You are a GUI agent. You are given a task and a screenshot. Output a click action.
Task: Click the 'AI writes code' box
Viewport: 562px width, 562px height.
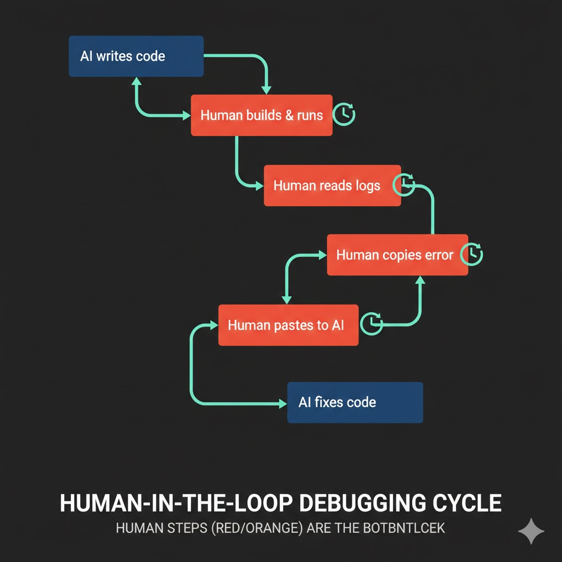tap(136, 56)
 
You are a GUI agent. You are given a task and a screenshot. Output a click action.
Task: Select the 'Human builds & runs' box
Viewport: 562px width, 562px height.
tap(261, 115)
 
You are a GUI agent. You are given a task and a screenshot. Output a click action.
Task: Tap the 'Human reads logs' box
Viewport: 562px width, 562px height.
tap(332, 186)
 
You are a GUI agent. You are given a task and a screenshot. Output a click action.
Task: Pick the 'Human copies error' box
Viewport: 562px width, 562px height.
tap(397, 255)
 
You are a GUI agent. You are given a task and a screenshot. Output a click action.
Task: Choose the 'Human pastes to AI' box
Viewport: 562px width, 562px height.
tap(288, 325)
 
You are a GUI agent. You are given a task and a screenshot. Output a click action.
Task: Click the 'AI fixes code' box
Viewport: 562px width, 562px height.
tap(355, 402)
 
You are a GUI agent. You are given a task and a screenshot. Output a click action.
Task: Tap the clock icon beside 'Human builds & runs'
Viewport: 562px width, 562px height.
tap(345, 114)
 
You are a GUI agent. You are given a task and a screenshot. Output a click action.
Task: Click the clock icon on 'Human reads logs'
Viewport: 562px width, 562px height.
tap(404, 184)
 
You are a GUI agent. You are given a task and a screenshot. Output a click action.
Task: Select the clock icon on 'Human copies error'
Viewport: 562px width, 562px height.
tap(472, 255)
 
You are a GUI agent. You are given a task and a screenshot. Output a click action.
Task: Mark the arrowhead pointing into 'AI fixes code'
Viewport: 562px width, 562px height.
tap(283, 403)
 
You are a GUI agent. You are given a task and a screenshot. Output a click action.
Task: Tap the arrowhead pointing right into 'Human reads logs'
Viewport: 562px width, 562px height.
tap(260, 186)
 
